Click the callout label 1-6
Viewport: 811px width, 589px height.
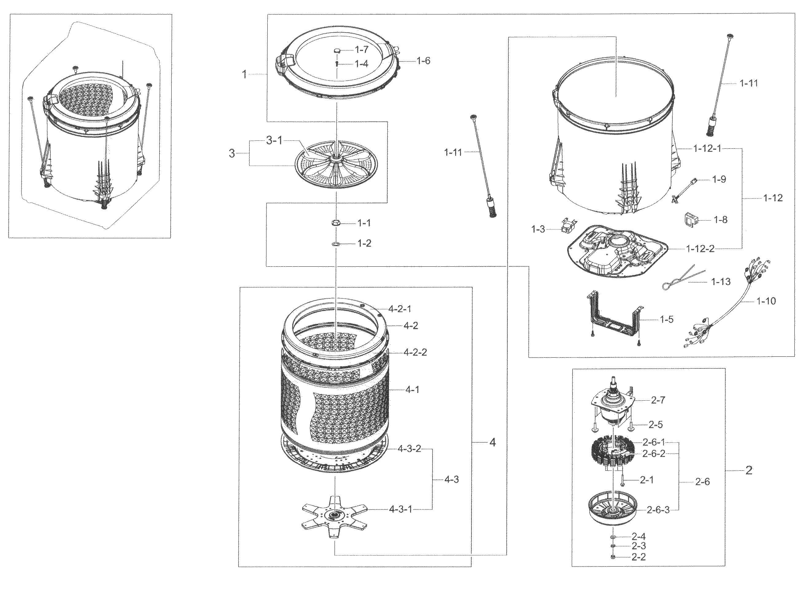pos(423,61)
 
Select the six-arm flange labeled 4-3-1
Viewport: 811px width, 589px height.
pos(334,515)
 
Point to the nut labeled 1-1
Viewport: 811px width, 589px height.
pos(336,223)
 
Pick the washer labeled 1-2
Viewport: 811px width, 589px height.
pos(336,244)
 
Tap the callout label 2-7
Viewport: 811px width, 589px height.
pos(658,400)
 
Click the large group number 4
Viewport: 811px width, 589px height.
pos(492,443)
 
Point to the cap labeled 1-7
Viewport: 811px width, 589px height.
pos(337,51)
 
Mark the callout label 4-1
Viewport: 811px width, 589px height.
pos(412,390)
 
